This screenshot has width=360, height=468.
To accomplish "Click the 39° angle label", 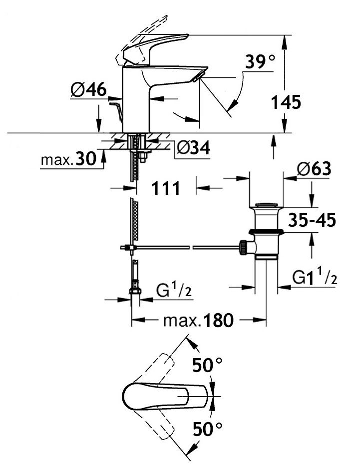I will [260, 62].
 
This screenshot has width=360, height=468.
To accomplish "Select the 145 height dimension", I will [286, 102].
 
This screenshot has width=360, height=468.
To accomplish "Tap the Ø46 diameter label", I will [88, 90].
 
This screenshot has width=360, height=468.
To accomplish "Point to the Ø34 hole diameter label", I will [193, 148].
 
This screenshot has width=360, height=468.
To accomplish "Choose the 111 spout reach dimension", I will [165, 189].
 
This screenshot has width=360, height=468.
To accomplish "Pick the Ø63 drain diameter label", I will [315, 169].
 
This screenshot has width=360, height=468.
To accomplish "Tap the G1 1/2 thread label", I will [315, 278].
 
